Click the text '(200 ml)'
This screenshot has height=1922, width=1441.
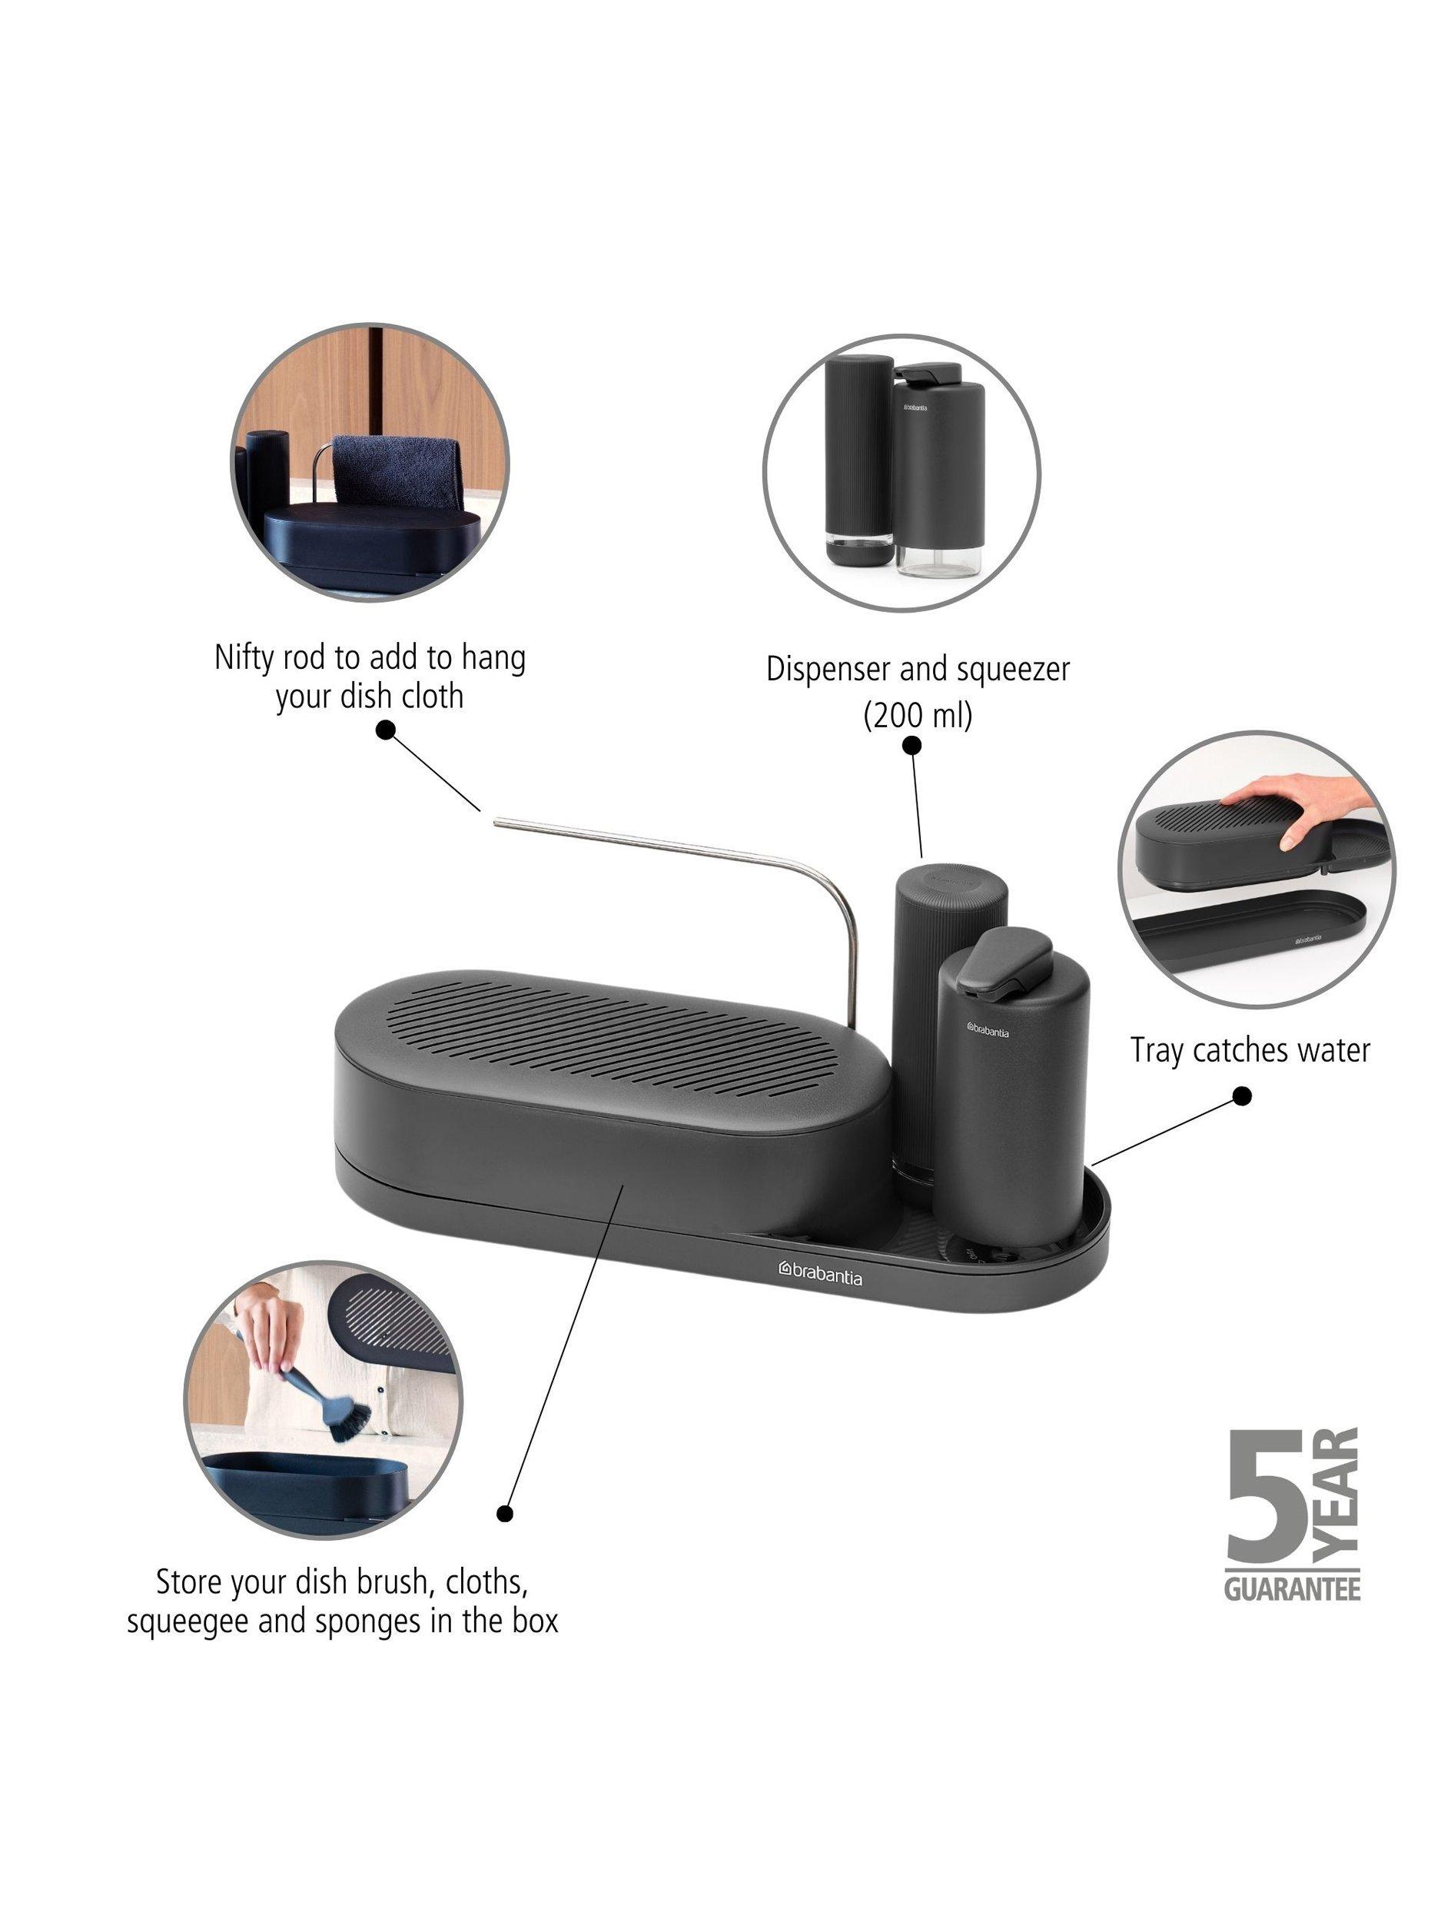pyautogui.click(x=916, y=714)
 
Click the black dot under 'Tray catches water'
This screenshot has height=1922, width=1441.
pyautogui.click(x=1243, y=1096)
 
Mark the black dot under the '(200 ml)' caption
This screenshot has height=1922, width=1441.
pyautogui.click(x=911, y=745)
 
